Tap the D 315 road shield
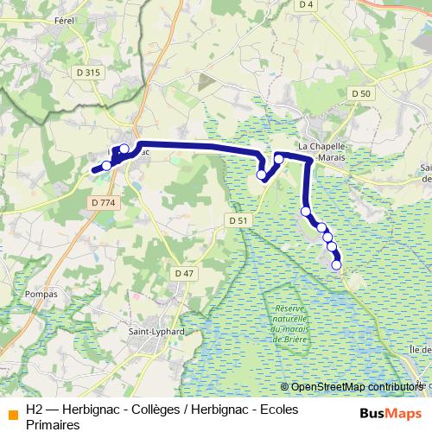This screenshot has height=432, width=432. tap(89, 73)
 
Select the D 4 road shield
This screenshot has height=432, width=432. tap(305, 4)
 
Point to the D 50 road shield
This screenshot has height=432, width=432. tap(361, 93)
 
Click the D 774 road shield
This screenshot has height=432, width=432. tap(102, 201)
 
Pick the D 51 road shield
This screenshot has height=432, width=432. tap(239, 221)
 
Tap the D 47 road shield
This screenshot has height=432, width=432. tap(184, 273)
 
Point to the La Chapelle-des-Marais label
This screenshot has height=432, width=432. tap(321, 152)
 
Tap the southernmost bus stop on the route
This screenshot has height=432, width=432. tap(336, 265)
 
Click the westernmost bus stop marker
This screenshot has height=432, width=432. tap(107, 166)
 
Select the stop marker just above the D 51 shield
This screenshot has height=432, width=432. tap(262, 175)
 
